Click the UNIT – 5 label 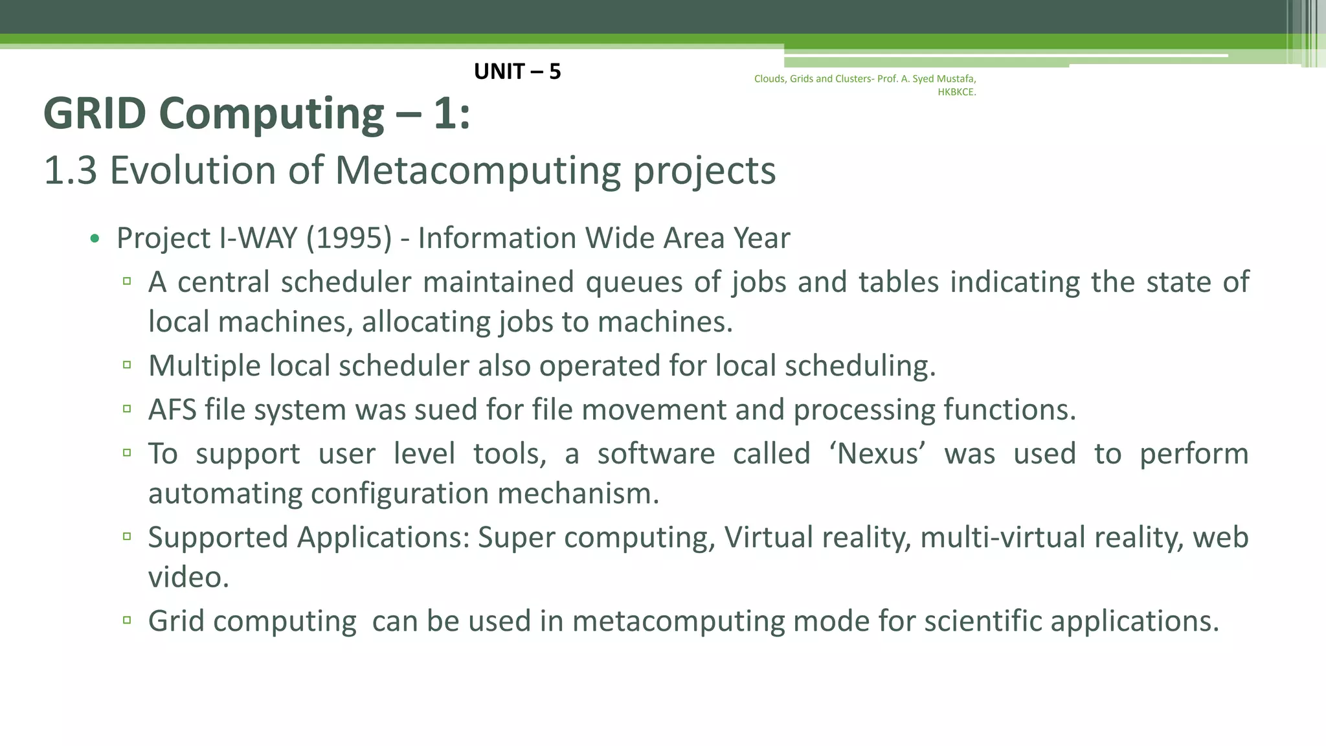[x=517, y=71]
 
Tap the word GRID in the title [x=95, y=113]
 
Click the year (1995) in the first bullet [x=349, y=238]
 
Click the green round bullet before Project [x=95, y=239]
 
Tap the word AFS [x=172, y=410]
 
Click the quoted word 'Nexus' [x=877, y=453]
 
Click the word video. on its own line [x=188, y=577]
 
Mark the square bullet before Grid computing [x=127, y=620]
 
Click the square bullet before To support [x=127, y=453]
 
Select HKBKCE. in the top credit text [x=956, y=92]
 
